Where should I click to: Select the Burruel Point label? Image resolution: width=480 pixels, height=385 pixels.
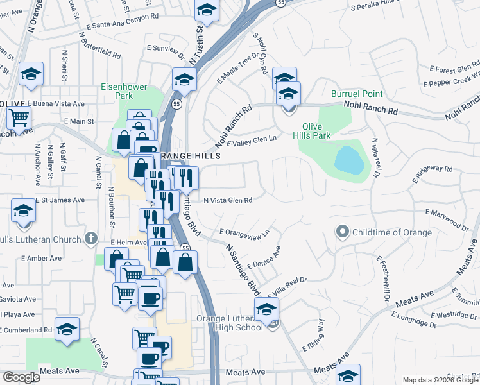(x=357, y=94)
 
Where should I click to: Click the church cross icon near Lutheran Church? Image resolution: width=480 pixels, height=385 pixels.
(x=91, y=239)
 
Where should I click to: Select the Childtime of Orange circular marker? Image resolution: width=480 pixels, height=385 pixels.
(x=343, y=231)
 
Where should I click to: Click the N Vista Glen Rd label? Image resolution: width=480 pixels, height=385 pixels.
(x=227, y=200)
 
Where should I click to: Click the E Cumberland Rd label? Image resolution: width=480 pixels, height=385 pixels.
(x=26, y=330)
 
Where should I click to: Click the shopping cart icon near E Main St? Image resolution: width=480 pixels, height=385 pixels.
(x=19, y=118)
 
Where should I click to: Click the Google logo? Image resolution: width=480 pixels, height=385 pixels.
(x=22, y=378)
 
